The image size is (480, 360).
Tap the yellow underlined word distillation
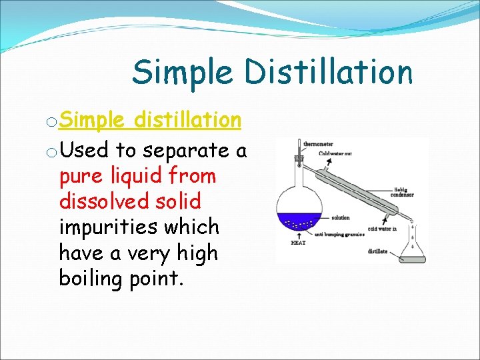[x=187, y=120]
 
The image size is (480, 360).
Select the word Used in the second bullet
[x=84, y=151]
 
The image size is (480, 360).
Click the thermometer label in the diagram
[x=319, y=143]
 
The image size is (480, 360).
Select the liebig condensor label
[x=402, y=193]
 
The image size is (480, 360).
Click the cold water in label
[x=383, y=229]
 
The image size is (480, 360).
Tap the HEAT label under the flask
[x=298, y=243]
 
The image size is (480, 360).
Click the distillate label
[x=377, y=251]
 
